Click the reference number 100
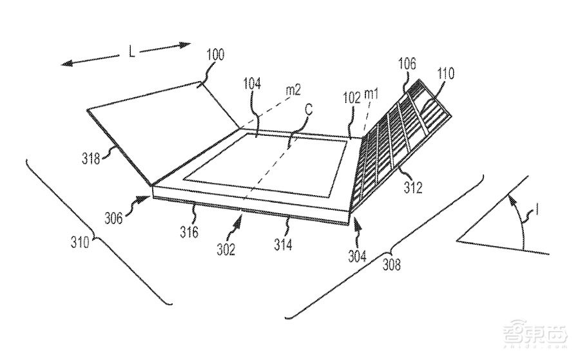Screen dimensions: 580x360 tap(215, 55)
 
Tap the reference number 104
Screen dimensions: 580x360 tap(252, 84)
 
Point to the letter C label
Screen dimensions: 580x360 tap(309, 109)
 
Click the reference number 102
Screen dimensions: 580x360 tap(351, 98)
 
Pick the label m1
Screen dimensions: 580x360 tap(372, 95)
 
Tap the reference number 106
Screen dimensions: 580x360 tap(407, 64)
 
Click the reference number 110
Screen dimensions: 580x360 tap(445, 74)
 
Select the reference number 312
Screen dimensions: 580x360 tap(413, 187)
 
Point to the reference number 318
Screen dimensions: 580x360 tap(91, 158)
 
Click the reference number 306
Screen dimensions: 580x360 tap(113, 218)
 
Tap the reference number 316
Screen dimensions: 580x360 tap(189, 232)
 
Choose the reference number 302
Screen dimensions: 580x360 tap(226, 250)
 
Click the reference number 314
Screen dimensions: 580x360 tap(283, 245)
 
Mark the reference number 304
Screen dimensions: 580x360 tap(357, 256)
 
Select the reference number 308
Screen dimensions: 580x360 tap(391, 265)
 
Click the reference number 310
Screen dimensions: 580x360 tap(80, 242)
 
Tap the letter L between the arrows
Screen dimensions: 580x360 tap(131, 52)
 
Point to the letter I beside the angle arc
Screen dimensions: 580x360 tap(537, 211)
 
